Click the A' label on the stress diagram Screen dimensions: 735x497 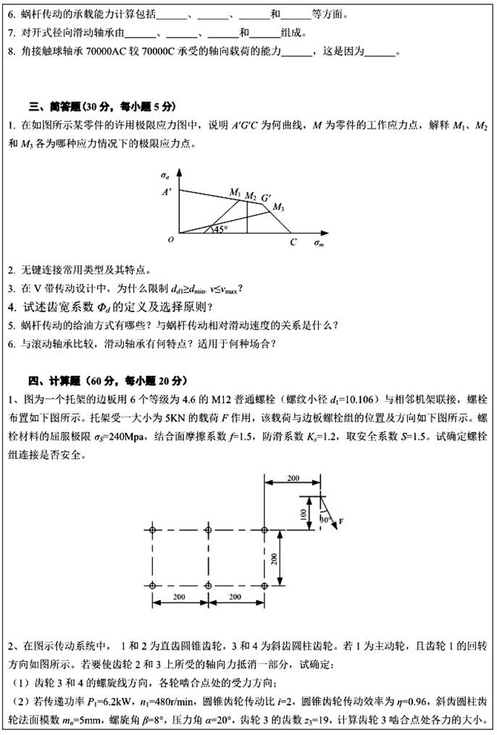pyautogui.click(x=167, y=192)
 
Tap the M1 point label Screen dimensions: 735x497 pyautogui.click(x=235, y=192)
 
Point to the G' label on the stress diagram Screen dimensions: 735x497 pyautogui.click(x=267, y=197)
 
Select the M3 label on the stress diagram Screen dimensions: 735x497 pyautogui.click(x=278, y=208)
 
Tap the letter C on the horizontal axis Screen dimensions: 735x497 pyautogui.click(x=293, y=242)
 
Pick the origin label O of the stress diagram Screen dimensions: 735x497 pyautogui.click(x=170, y=239)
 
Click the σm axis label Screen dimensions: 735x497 pyautogui.click(x=319, y=243)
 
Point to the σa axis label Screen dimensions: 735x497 pyautogui.click(x=166, y=175)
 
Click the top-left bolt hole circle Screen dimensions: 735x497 pyautogui.click(x=152, y=530)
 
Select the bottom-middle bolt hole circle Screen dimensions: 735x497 pyautogui.click(x=208, y=585)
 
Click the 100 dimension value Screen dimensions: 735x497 pyautogui.click(x=303, y=512)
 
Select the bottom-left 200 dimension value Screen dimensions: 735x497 pyautogui.click(x=180, y=595)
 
